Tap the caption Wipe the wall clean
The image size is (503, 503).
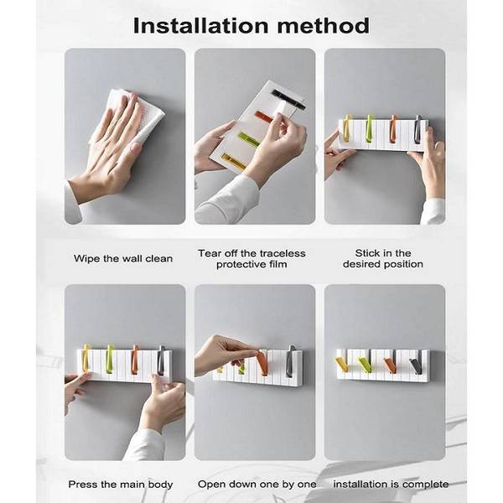(x=123, y=258)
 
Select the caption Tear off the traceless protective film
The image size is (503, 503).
(x=251, y=258)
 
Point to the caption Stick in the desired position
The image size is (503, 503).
(x=383, y=258)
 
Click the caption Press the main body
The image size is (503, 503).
(x=122, y=484)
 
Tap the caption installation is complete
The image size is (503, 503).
(x=391, y=484)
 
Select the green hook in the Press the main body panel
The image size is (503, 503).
(x=109, y=356)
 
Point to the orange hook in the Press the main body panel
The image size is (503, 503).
(x=134, y=356)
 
